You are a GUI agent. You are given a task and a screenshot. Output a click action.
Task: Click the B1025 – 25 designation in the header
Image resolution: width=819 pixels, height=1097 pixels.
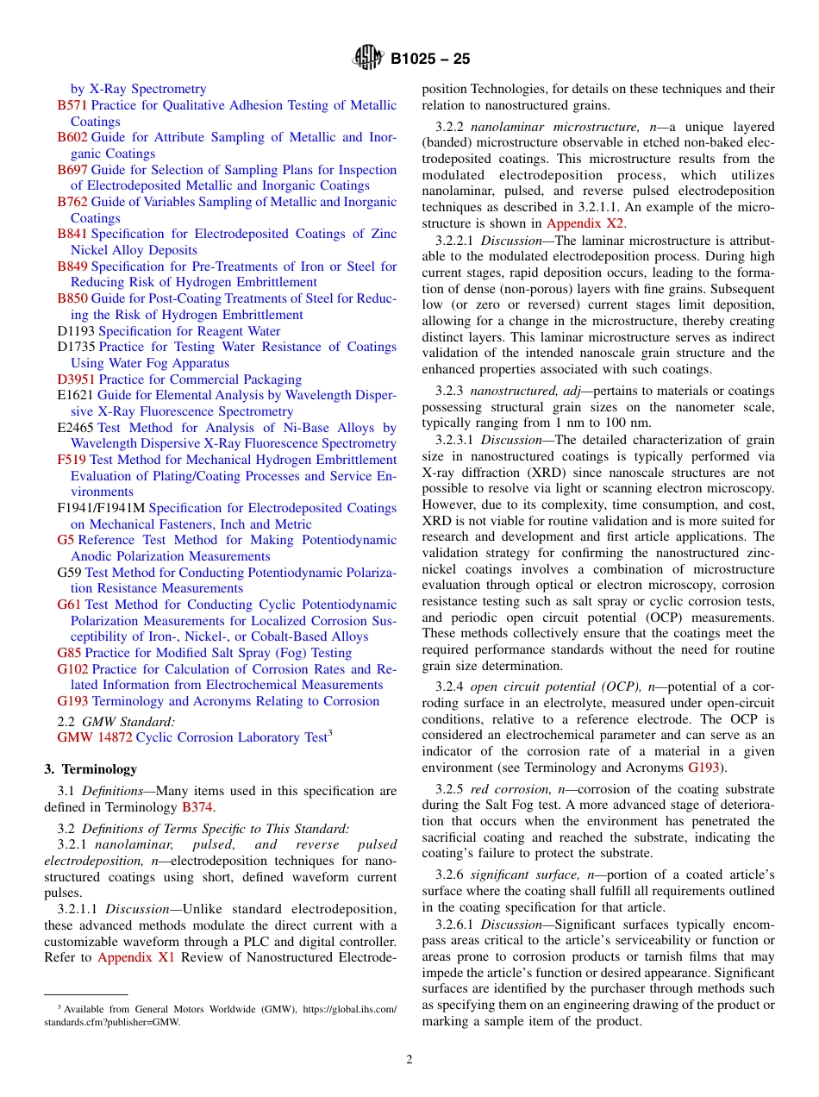tap(430, 60)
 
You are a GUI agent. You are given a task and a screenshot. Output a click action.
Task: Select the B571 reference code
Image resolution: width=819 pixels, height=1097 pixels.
tap(72, 105)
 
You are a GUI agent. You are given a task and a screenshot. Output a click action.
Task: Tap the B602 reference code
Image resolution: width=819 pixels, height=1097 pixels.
tap(72, 137)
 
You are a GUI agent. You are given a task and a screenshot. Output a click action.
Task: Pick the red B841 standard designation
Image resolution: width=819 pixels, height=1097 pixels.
tap(72, 234)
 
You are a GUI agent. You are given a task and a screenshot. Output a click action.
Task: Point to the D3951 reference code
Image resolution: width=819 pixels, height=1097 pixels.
tap(76, 379)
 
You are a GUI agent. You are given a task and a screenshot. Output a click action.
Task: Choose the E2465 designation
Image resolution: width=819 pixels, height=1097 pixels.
tap(75, 428)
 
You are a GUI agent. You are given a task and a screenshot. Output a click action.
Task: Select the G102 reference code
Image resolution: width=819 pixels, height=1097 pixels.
tap(73, 669)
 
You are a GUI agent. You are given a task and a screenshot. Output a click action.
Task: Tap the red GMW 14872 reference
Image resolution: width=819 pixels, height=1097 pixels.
tap(95, 737)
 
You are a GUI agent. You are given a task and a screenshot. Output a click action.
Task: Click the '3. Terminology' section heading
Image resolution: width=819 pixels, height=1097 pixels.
tap(91, 769)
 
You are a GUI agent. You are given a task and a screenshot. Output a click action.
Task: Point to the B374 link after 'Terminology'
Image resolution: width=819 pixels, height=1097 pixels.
tap(197, 807)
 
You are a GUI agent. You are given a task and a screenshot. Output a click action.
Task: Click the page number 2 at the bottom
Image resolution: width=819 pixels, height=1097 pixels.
tap(409, 1060)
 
